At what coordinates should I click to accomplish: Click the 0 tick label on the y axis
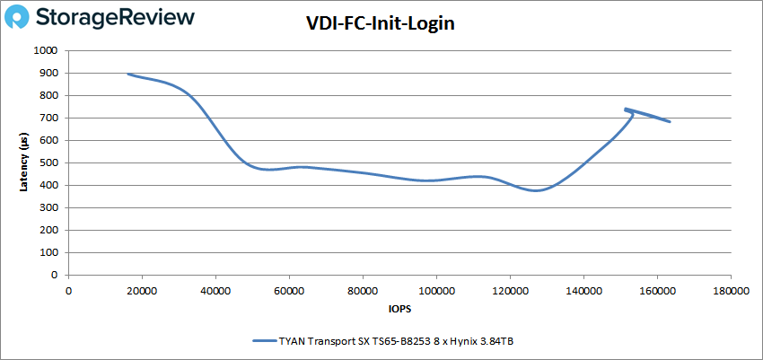pyautogui.click(x=56, y=276)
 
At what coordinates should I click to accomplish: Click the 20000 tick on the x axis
pyautogui.click(x=142, y=291)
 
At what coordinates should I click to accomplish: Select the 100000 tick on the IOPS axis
pyautogui.click(x=435, y=291)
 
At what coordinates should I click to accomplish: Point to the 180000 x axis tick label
pyautogui.click(x=729, y=291)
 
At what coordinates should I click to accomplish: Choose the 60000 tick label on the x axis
pyautogui.click(x=289, y=291)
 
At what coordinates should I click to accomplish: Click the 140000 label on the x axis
pyautogui.click(x=583, y=291)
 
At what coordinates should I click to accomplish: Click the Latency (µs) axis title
pyautogui.click(x=23, y=163)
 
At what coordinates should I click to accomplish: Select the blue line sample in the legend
pyautogui.click(x=266, y=341)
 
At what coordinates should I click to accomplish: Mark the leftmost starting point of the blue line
pyautogui.click(x=128, y=75)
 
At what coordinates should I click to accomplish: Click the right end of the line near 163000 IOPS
pyautogui.click(x=670, y=121)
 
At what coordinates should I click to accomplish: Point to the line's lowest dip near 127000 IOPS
pyautogui.click(x=536, y=190)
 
